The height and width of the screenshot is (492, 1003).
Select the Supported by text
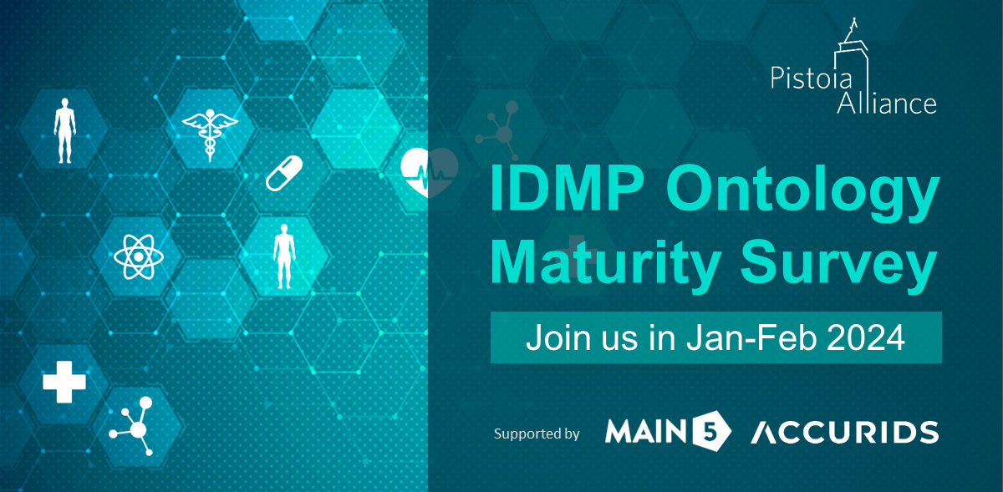click(537, 434)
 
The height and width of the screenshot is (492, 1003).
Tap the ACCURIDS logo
click(843, 432)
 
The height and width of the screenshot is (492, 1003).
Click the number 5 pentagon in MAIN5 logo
click(714, 431)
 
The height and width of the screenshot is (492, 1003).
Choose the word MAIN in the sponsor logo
click(650, 432)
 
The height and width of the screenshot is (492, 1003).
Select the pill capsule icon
click(284, 171)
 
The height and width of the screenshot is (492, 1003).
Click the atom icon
click(135, 255)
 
